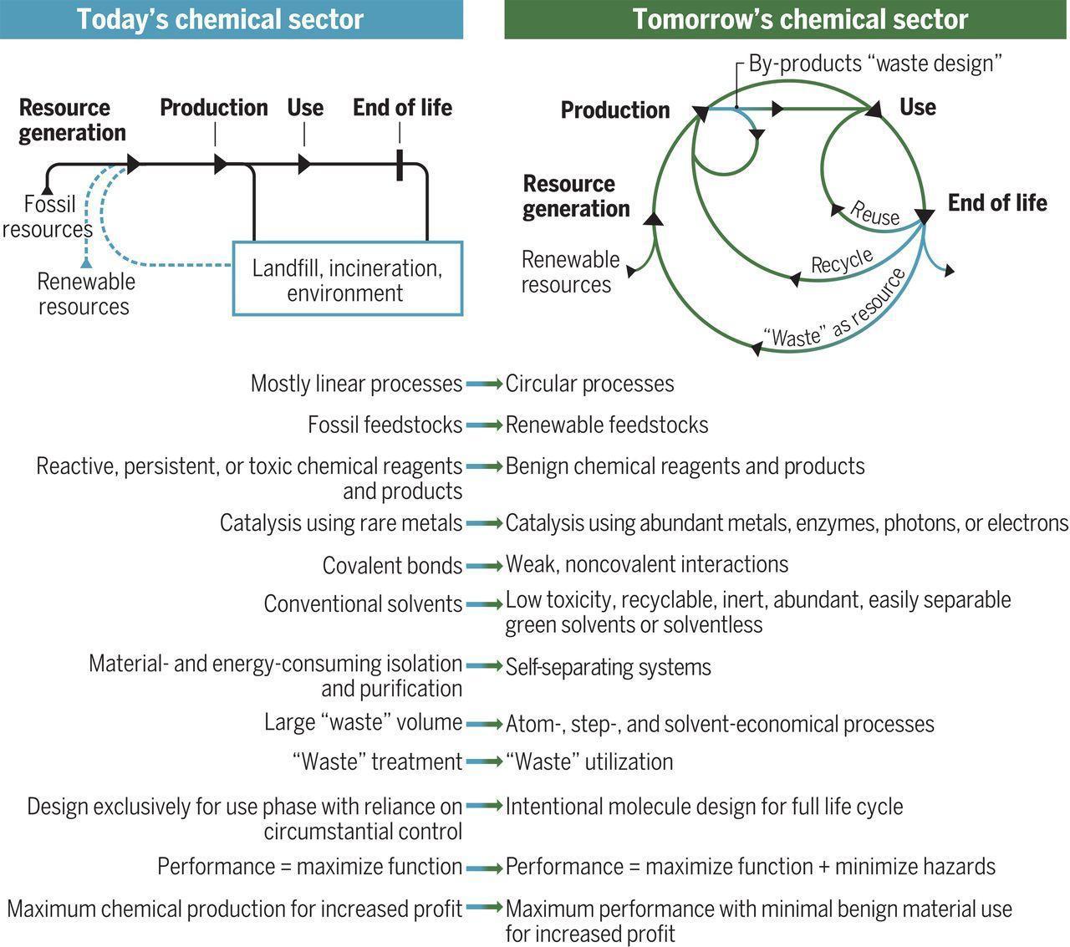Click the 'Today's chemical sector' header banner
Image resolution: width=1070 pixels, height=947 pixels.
click(x=232, y=19)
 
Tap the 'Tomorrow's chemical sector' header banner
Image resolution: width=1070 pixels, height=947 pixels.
click(x=785, y=19)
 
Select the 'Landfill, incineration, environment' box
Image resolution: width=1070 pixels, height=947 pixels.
click(x=348, y=278)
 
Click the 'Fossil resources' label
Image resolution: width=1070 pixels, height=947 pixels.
click(x=48, y=216)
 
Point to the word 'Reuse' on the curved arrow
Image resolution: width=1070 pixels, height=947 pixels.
click(x=874, y=214)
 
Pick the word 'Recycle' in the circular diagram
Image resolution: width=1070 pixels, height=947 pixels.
click(x=842, y=262)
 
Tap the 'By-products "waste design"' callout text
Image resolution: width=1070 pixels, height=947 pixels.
click(x=875, y=64)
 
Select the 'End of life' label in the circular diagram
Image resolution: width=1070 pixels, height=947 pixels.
click(x=997, y=203)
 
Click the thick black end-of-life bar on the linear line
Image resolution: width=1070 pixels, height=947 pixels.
click(x=400, y=165)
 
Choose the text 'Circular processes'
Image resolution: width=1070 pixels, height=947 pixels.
click(x=589, y=384)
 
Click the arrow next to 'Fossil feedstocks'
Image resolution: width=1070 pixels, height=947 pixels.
click(x=484, y=425)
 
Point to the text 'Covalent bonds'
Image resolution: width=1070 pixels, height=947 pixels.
click(x=392, y=565)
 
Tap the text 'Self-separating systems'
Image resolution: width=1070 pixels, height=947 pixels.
click(x=609, y=667)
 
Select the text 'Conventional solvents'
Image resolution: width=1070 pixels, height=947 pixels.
click(x=364, y=603)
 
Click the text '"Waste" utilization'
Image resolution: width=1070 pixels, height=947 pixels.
click(x=589, y=761)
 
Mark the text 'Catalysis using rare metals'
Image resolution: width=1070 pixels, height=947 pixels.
click(x=341, y=523)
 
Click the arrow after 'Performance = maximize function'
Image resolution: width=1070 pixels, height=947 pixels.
click(x=484, y=868)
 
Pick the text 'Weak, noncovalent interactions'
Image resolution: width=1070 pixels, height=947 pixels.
click(x=647, y=564)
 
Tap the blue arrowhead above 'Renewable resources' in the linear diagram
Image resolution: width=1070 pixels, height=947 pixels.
click(x=87, y=263)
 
